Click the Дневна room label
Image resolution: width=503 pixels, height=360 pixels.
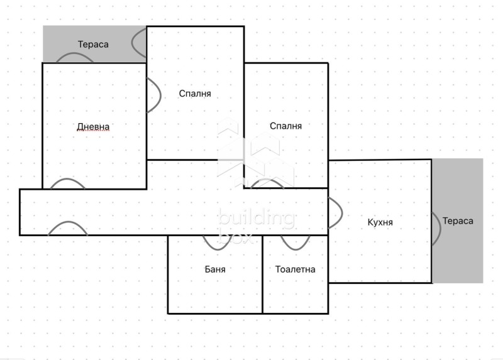coord(93,127)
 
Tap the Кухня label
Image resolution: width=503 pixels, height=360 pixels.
coord(380,222)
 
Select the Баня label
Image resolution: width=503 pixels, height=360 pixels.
coord(215,269)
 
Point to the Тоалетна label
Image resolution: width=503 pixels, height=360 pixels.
coord(296,269)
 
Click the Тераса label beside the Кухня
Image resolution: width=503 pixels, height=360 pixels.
coord(458,221)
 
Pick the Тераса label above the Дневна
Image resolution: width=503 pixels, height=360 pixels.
coord(93,44)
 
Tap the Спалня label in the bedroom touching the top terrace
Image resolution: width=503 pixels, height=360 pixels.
coord(195,94)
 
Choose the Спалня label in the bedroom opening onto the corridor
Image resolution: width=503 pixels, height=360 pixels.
coord(285,126)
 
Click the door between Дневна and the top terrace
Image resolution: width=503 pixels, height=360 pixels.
coord(75,57)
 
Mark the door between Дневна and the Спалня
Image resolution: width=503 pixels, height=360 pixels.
coord(153,95)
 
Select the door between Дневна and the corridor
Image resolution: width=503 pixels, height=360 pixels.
coord(67,183)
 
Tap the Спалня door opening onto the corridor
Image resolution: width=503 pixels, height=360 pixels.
coord(267,183)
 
